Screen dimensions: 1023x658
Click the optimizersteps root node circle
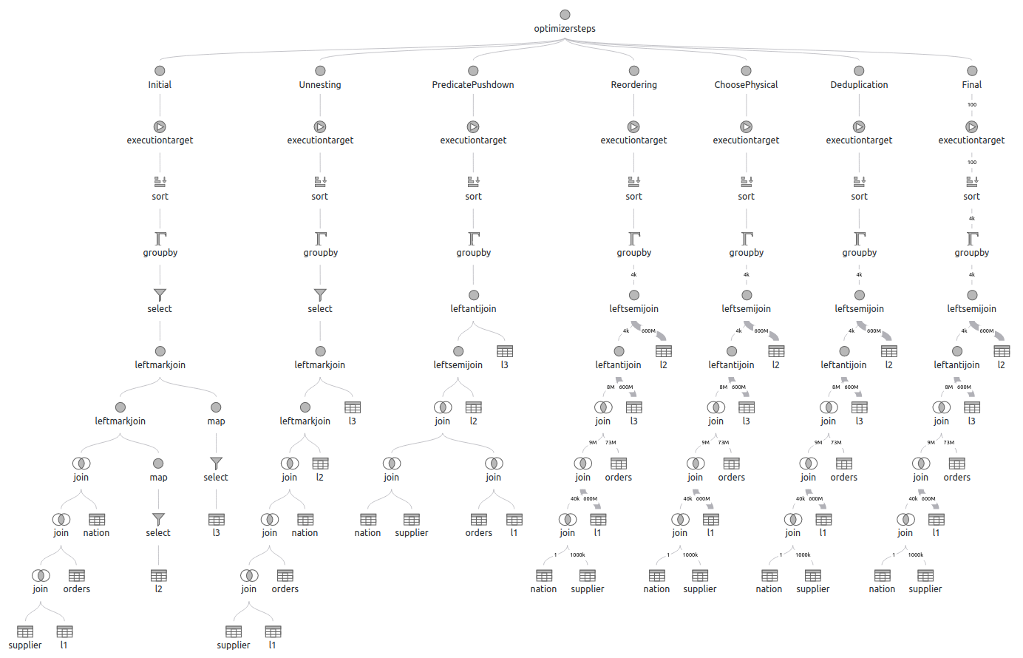[x=565, y=15]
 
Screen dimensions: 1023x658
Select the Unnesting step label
[x=319, y=84]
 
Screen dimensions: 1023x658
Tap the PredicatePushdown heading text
[x=472, y=84]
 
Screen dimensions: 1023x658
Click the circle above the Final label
[x=972, y=71]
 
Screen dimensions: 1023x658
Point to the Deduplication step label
[x=859, y=84]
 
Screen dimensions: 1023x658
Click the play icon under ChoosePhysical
[x=746, y=126]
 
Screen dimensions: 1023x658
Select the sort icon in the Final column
[x=972, y=182]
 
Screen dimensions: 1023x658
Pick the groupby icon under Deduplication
[x=860, y=239]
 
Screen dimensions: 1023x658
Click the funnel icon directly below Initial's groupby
[x=160, y=295]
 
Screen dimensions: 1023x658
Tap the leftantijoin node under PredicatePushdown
[x=474, y=295]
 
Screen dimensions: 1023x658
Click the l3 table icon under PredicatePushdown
[x=505, y=351]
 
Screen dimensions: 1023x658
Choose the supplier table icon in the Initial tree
[x=25, y=631]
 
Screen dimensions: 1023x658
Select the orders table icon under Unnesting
[x=285, y=575]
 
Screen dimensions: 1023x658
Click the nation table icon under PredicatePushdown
[x=368, y=520]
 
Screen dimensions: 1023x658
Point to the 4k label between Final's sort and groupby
[x=972, y=218]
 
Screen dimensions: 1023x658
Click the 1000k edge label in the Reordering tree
[x=577, y=554]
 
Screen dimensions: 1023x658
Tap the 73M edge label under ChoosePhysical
[x=724, y=442]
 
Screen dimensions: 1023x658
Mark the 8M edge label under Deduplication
[x=836, y=387]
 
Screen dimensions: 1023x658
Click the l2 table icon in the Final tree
[x=1002, y=351]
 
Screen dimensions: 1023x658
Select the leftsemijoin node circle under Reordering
[x=634, y=295]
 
